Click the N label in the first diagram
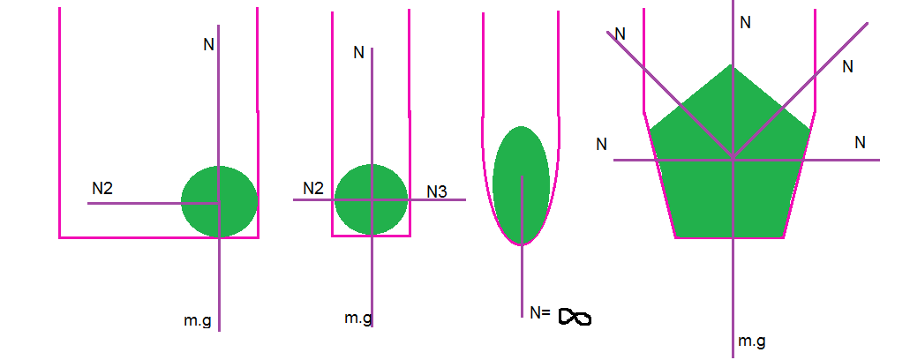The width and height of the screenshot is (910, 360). pos(208,44)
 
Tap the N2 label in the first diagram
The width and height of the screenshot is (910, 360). pos(103,188)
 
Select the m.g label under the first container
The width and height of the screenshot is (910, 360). pos(198,321)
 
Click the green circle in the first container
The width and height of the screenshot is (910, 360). pos(219,201)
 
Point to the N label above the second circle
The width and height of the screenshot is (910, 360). pos(358,53)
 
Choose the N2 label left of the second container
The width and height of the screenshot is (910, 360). pos(313,188)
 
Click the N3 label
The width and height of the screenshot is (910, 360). pos(437,191)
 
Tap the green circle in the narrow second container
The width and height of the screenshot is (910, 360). pos(371,199)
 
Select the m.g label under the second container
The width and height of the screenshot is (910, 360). pos(358,318)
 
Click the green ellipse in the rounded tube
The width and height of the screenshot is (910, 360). pos(522,184)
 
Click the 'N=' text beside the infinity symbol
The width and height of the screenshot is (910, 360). pos(541,312)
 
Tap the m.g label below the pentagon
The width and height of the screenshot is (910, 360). pos(751,341)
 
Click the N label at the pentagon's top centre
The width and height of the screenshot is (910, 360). pos(745,22)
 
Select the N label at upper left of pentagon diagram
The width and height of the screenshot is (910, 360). pos(620,34)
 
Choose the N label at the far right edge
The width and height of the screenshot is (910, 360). pos(860,142)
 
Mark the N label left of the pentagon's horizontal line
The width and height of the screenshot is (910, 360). pos(601,144)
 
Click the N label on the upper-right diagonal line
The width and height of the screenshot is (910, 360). pos(848,66)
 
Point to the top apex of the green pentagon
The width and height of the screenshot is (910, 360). pos(731,66)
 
